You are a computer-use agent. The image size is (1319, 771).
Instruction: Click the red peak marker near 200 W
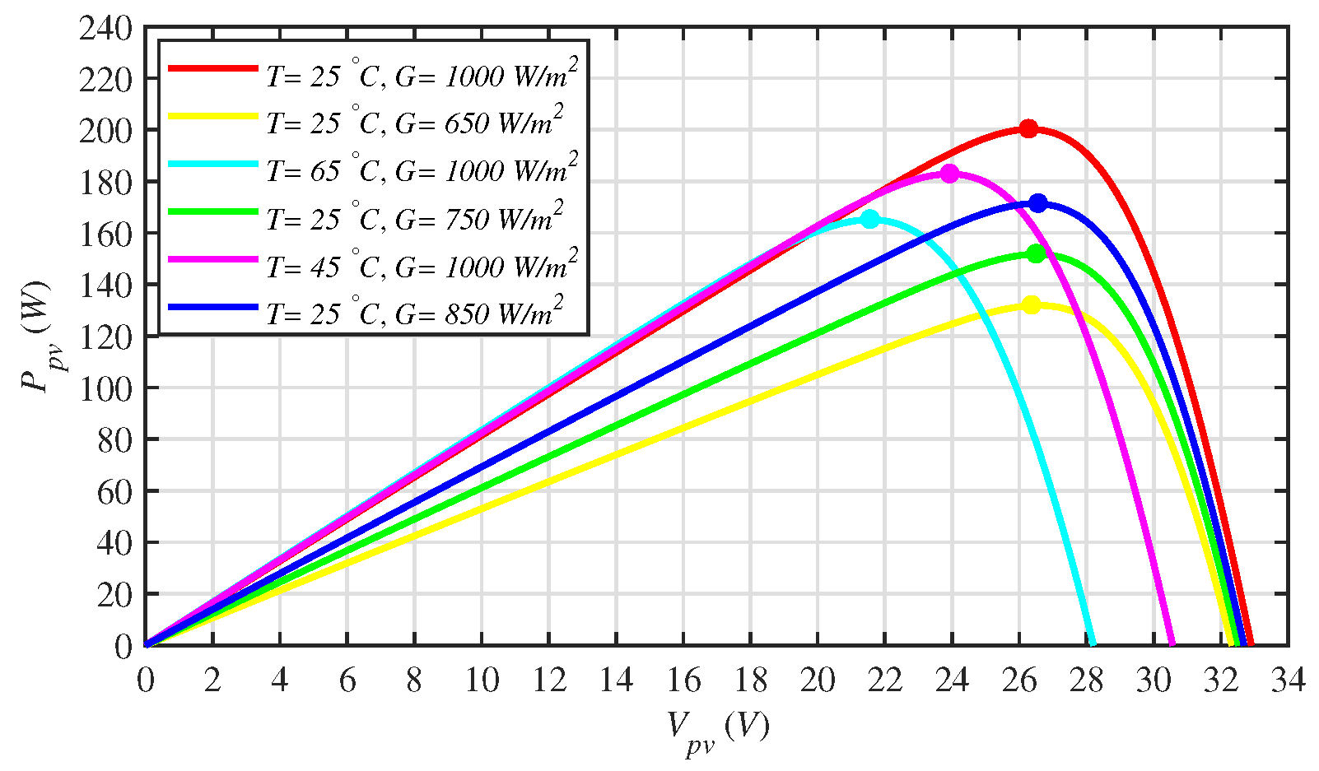pos(1028,128)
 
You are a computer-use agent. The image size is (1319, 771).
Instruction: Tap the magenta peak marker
pos(949,174)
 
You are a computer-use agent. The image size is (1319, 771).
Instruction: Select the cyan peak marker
pos(869,220)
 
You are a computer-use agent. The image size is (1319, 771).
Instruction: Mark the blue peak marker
pos(1038,202)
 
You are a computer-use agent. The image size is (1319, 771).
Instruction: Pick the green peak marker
pos(1036,253)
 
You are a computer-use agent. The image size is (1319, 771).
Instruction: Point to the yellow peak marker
pos(1031,304)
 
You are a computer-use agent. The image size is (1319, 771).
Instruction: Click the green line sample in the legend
pos(213,211)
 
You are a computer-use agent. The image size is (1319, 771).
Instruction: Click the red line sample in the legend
pos(213,69)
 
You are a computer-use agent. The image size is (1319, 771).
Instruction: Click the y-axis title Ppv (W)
pos(37,337)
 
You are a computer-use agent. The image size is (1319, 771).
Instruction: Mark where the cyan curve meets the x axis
pos(1092,644)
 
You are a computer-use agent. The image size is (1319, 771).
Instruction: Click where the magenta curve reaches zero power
pos(1172,644)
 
